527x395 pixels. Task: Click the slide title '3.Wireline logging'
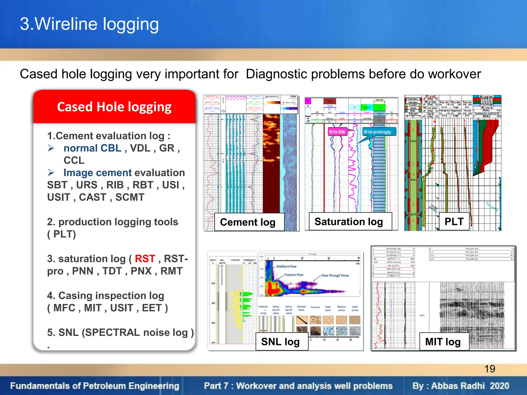point(89,24)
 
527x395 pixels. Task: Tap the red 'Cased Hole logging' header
point(114,107)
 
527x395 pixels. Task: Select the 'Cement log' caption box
point(248,222)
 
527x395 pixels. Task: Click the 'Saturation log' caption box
point(349,222)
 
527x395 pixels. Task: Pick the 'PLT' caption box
point(454,222)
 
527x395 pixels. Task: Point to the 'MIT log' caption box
point(443,342)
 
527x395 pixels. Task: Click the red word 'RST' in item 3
point(145,259)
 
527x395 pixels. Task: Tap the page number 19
point(490,369)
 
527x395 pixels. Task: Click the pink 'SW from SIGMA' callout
point(337,132)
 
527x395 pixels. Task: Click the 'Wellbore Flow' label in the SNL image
point(286,267)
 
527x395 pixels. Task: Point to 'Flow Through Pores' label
point(335,275)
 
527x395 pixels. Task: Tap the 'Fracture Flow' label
point(294,275)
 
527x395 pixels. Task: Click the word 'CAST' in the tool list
point(92,197)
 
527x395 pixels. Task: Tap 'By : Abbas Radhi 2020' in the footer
point(461,386)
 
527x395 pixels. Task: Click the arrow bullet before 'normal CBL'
point(51,148)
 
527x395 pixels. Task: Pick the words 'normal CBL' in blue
point(92,148)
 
